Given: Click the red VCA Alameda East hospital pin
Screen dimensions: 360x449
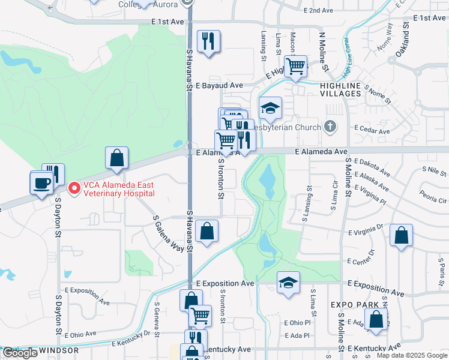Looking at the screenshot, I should [x=74, y=188].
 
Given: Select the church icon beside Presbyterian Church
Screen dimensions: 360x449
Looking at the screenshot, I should [x=330, y=127].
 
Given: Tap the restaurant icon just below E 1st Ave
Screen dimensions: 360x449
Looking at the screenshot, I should [x=208, y=41].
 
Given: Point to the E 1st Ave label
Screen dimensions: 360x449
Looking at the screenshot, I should [x=167, y=21].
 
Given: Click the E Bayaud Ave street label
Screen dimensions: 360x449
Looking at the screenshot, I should [x=218, y=85].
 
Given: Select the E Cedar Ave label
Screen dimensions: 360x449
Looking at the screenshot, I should [x=372, y=128].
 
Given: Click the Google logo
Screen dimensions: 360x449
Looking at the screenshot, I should [x=20, y=353].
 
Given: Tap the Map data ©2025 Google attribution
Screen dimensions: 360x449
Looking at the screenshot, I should [x=412, y=355].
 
